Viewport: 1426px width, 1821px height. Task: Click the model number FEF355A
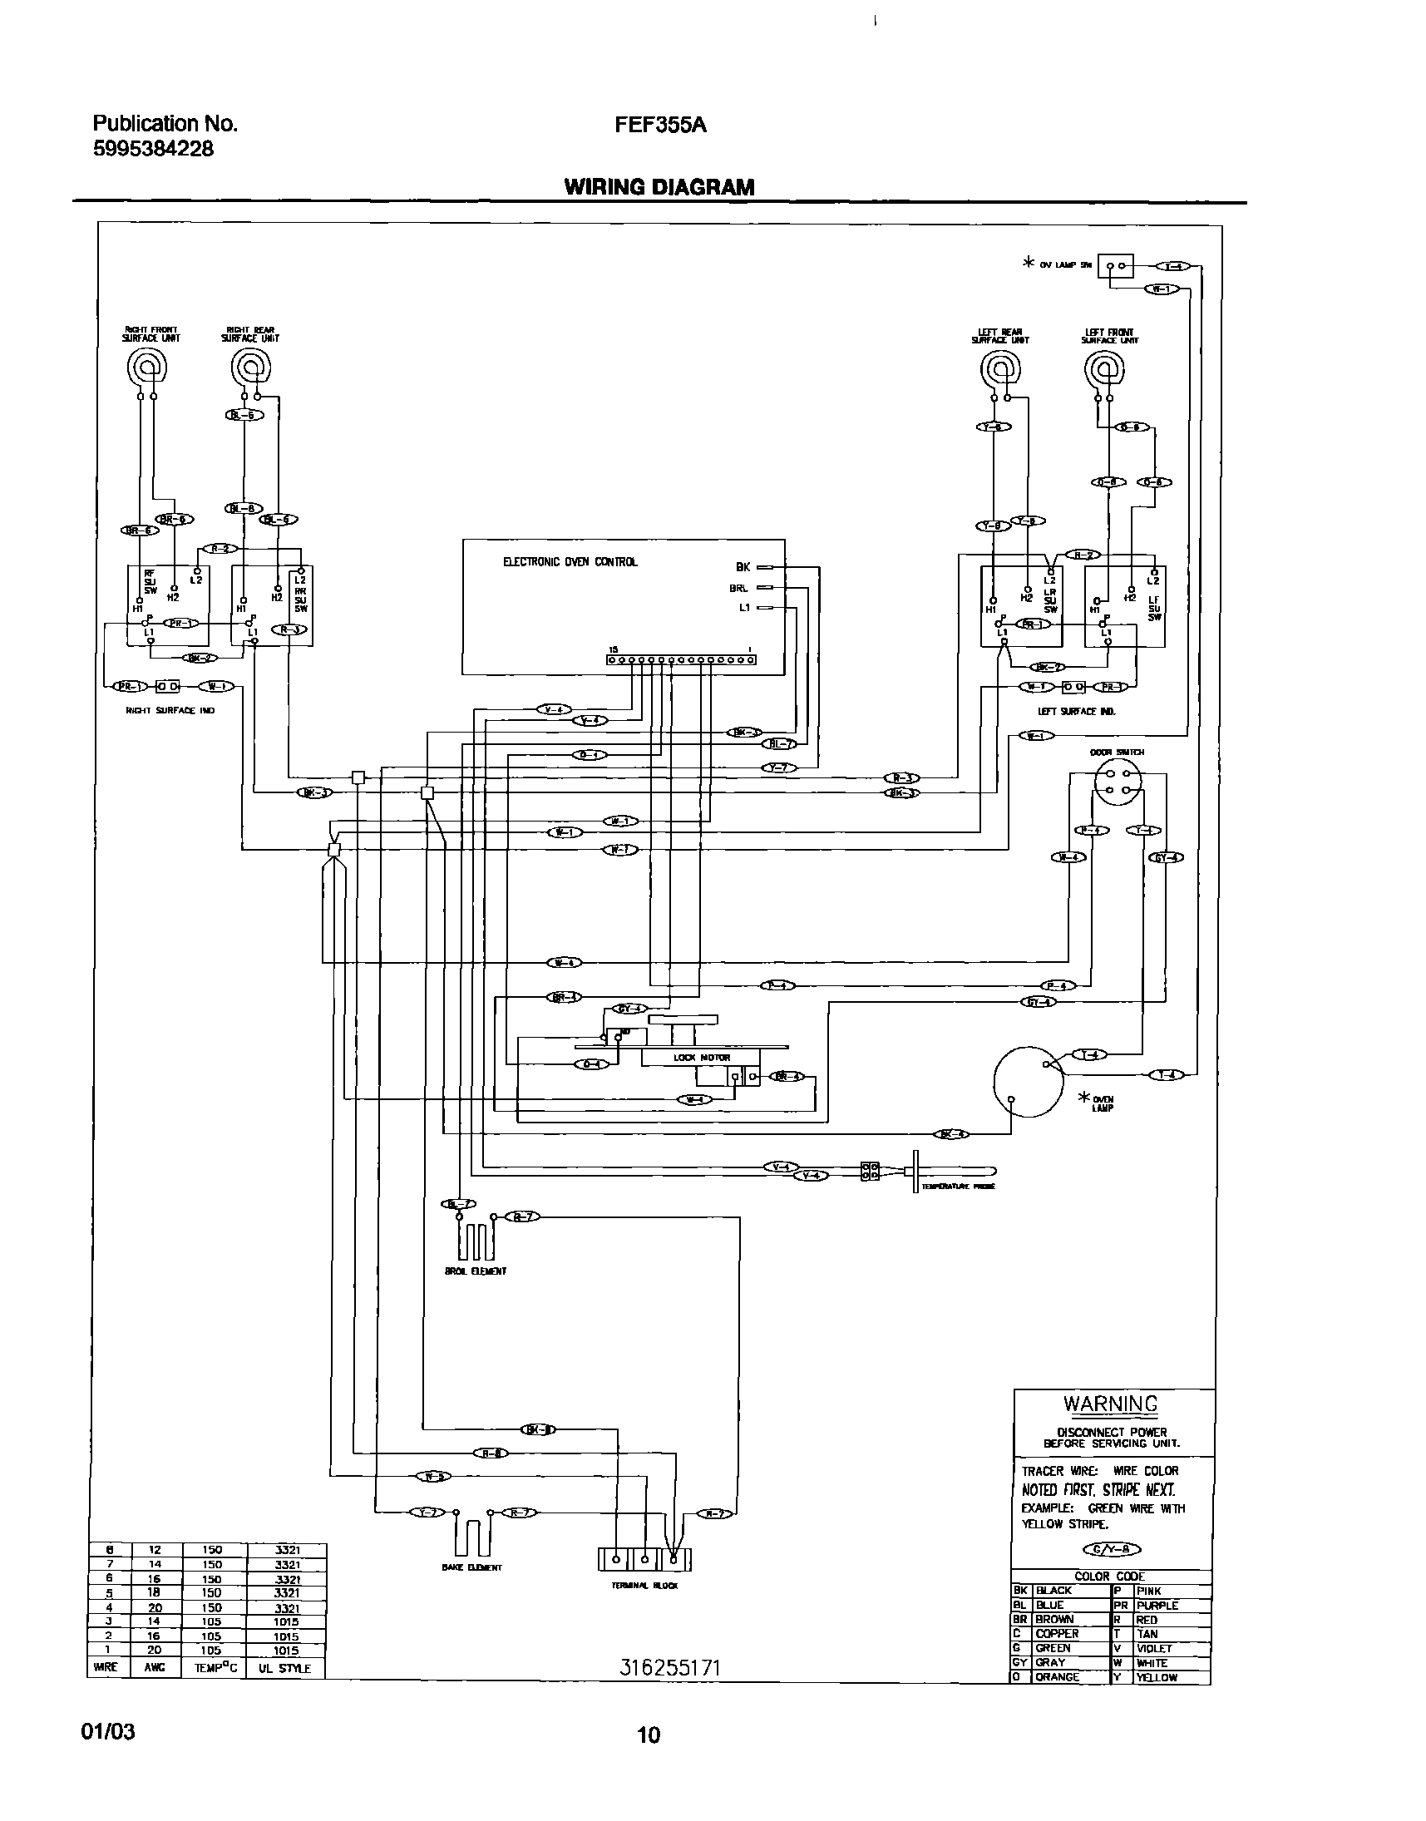659,126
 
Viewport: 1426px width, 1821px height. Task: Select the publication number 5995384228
153,150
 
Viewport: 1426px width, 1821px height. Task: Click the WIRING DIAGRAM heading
659,187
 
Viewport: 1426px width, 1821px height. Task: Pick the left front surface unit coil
1103,368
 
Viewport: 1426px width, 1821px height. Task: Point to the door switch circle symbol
1118,782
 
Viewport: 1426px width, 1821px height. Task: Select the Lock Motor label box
700,1057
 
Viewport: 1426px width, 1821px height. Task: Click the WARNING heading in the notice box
1110,1404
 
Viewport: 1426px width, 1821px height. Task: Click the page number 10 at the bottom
649,1735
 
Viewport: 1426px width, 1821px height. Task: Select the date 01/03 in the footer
108,1731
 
